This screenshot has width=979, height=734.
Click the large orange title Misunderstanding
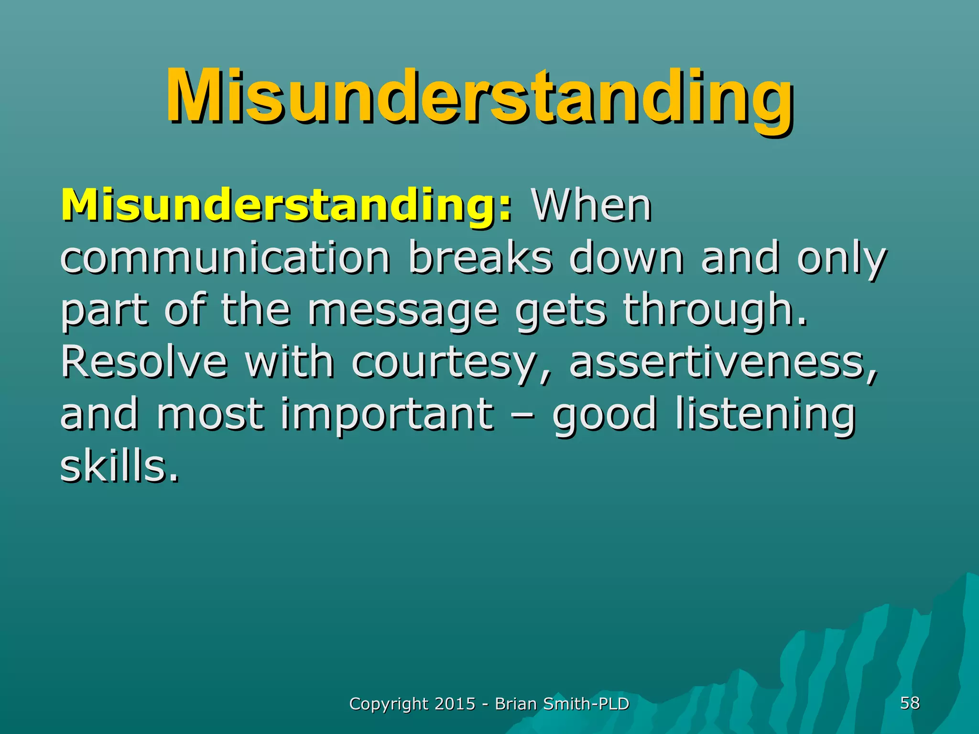coord(479,98)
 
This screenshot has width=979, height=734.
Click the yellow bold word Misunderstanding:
coord(286,205)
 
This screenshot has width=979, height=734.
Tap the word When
coord(591,205)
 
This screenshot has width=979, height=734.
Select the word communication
coord(225,258)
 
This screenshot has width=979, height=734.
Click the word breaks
coord(480,258)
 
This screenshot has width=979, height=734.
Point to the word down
coord(626,258)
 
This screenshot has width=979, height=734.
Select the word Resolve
coord(144,362)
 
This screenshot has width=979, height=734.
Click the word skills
coord(119,466)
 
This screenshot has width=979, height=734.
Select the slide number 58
coord(910,703)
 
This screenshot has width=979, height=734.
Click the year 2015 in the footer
coord(455,704)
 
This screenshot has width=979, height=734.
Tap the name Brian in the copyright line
coord(515,704)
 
